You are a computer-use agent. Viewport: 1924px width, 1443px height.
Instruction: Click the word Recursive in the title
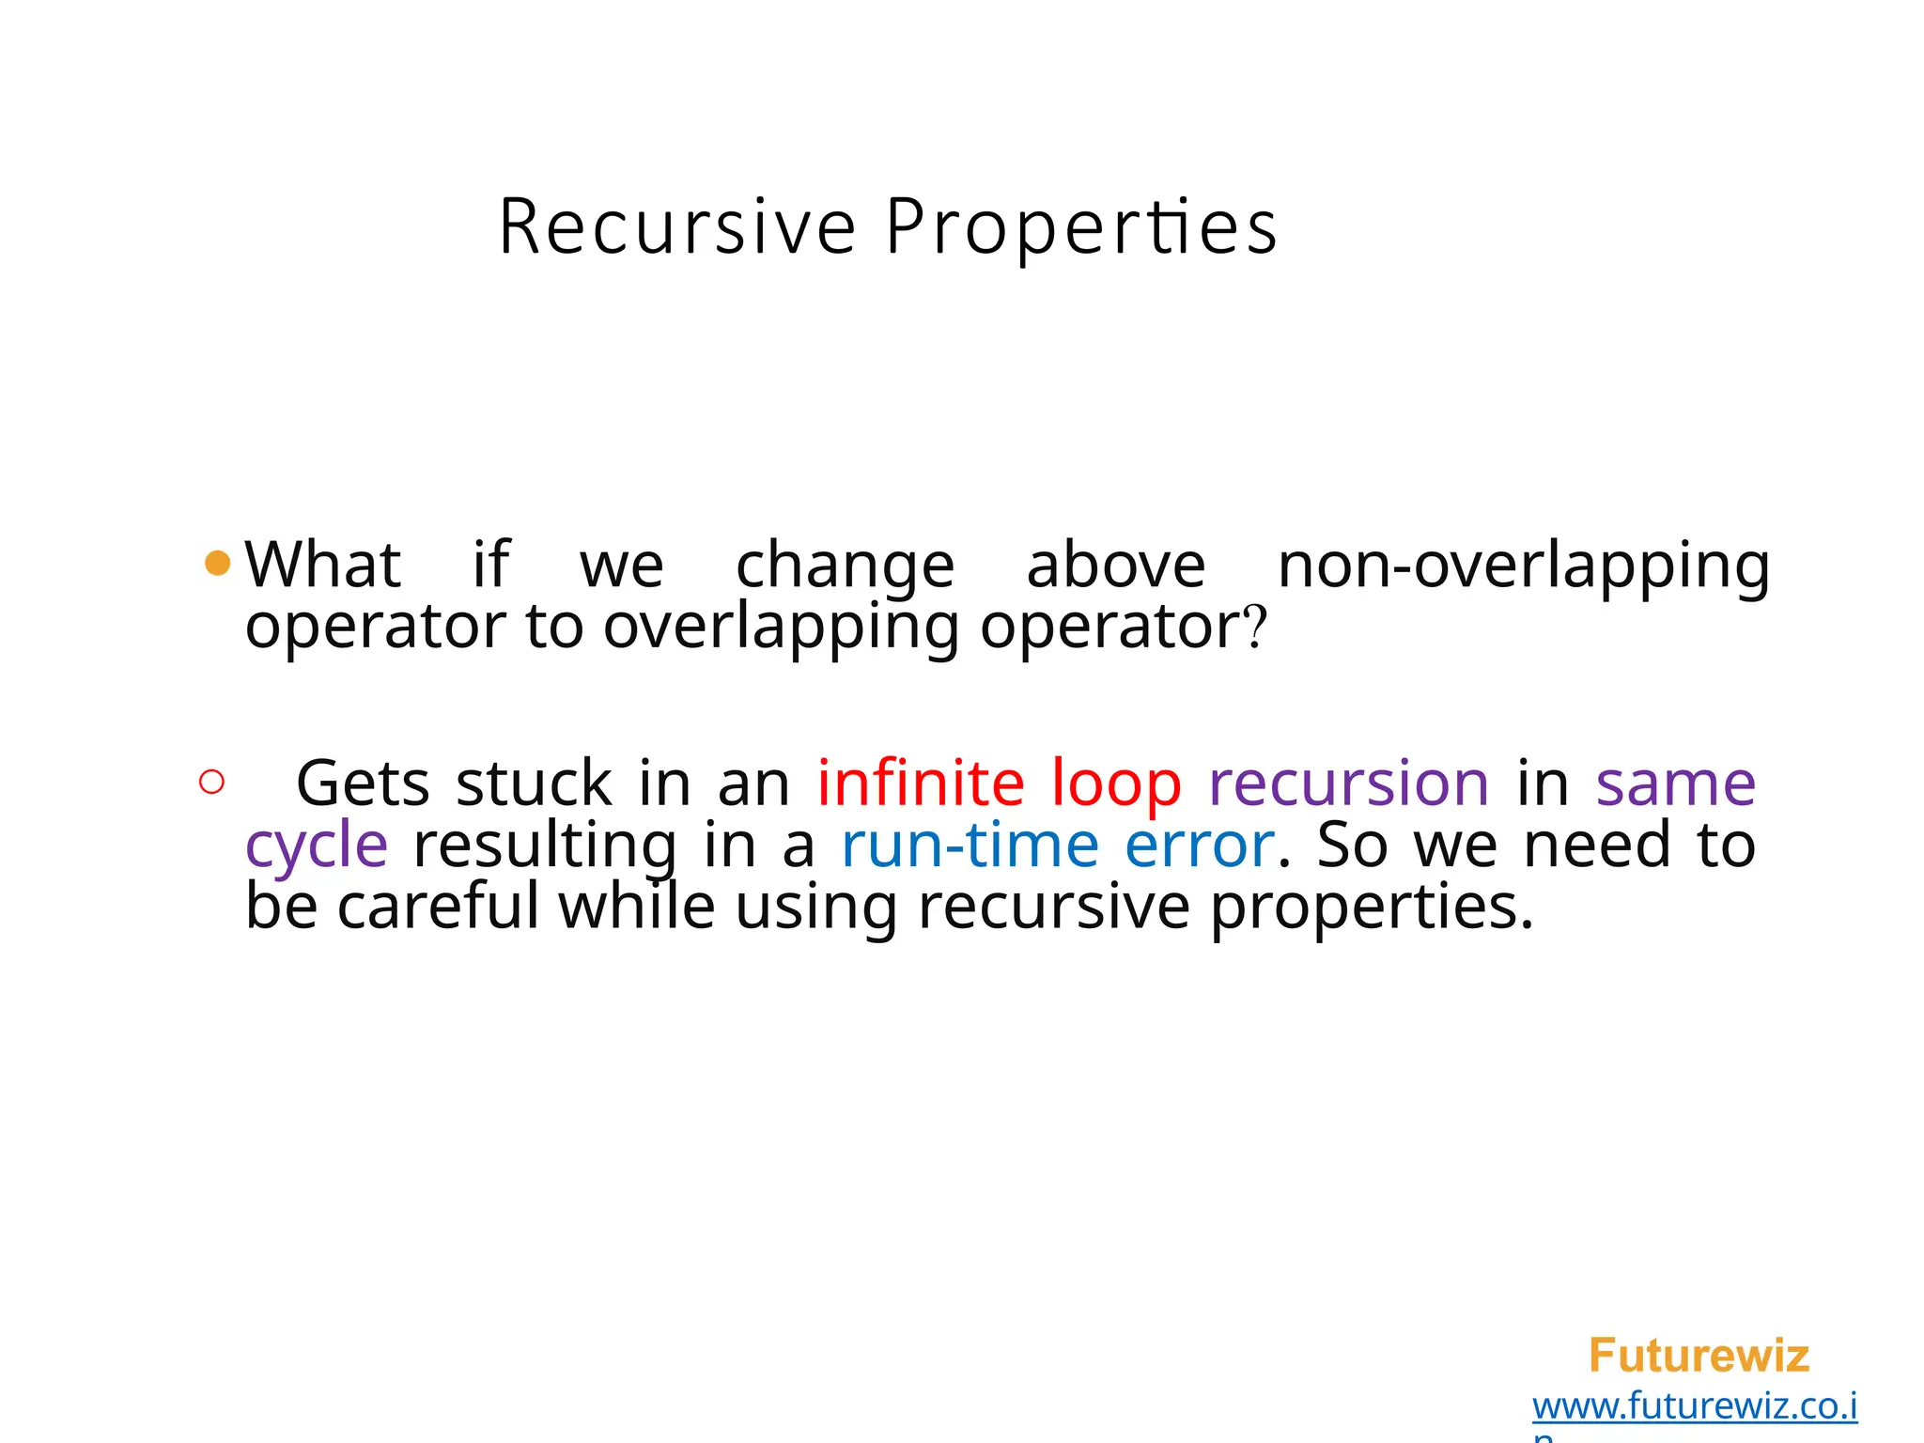676,227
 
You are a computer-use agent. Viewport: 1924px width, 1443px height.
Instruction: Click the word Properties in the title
1080,227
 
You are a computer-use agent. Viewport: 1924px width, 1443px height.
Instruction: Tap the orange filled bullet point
217,564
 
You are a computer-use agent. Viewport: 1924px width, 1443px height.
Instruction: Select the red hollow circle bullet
212,782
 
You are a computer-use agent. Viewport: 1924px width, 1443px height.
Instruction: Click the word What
323,566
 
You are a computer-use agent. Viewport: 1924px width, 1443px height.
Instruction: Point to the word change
845,567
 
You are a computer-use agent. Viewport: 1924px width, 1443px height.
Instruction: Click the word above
1115,566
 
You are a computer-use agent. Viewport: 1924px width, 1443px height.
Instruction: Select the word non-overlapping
1523,567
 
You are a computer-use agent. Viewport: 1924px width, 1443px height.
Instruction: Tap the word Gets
363,784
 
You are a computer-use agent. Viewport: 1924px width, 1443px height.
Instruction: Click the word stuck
534,784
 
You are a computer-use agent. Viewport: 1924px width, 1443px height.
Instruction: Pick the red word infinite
920,784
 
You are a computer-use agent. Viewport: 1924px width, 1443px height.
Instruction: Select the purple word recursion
1348,784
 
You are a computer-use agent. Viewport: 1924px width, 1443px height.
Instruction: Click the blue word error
1199,845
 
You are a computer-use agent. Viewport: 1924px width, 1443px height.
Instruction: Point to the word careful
438,908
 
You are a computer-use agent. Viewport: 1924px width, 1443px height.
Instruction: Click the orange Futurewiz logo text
1699,1356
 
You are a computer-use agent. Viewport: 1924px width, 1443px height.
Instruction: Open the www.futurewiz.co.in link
1694,1406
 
